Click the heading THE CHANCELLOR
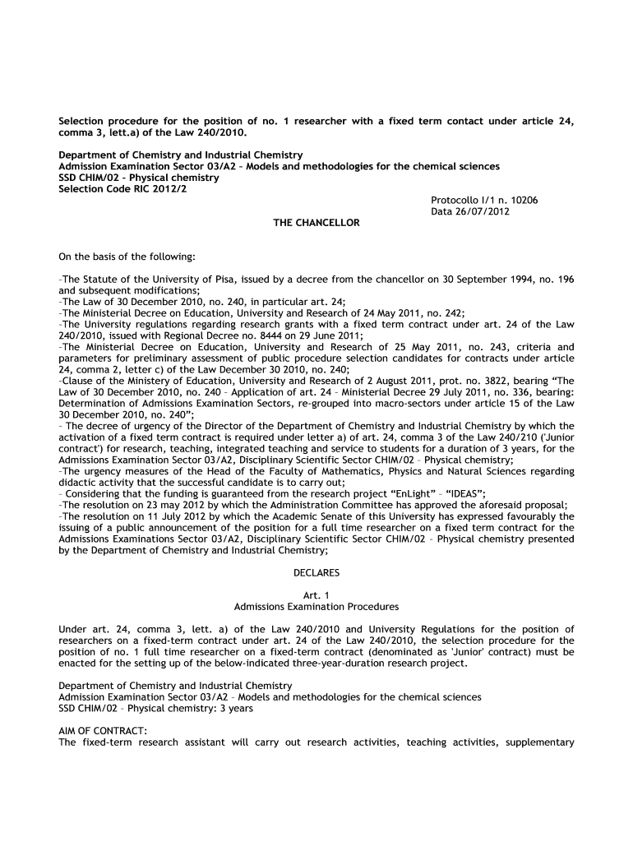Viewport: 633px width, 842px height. pyautogui.click(x=316, y=223)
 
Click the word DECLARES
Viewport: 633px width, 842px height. pyautogui.click(x=316, y=571)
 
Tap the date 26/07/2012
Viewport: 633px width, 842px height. pyautogui.click(x=483, y=211)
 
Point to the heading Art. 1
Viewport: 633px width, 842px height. pyautogui.click(x=316, y=594)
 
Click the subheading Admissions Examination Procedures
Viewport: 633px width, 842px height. pyautogui.click(x=316, y=607)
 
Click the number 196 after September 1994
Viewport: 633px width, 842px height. pyautogui.click(x=566, y=280)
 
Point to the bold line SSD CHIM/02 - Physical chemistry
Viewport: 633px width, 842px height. pyautogui.click(x=138, y=177)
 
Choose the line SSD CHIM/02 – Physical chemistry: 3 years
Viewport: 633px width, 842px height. pyautogui.click(x=156, y=708)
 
